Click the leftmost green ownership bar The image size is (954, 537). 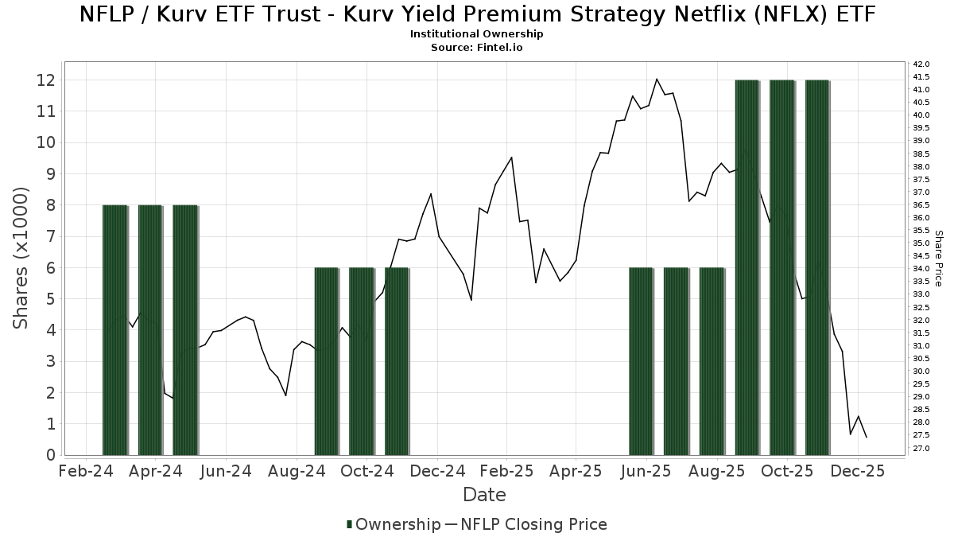point(114,329)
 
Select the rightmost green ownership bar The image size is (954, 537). point(817,267)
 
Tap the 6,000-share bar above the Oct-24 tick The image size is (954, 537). point(362,361)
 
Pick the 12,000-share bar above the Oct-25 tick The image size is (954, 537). point(782,267)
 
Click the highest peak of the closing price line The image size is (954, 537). point(657,79)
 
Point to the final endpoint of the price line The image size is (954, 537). point(866,438)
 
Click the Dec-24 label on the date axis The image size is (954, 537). point(438,471)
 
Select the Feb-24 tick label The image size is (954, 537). point(86,471)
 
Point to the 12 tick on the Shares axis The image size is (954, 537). point(45,80)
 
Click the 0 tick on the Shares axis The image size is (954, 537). point(49,455)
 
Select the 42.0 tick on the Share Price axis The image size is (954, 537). point(921,64)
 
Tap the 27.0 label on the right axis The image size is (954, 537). point(921,449)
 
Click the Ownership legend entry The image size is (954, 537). point(394,524)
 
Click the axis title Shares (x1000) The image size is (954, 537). point(21,258)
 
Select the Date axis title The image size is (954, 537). point(484,495)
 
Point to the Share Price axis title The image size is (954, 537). point(939,258)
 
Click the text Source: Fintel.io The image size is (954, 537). point(476,47)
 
